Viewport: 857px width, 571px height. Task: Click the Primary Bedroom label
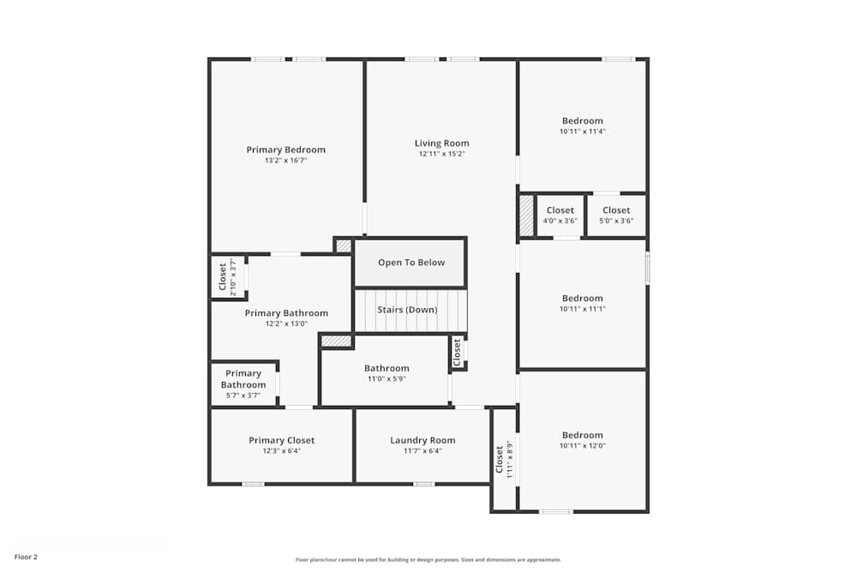pos(285,150)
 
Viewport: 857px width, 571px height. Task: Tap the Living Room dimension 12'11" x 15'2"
pos(442,154)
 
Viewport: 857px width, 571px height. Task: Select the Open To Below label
pos(411,263)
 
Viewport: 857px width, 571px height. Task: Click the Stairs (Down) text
pos(407,310)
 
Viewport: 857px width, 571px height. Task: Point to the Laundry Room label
pos(423,440)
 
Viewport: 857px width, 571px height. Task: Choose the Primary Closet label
pos(282,440)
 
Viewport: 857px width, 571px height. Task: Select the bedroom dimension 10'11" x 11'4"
pos(582,132)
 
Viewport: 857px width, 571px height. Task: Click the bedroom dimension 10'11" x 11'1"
pos(582,309)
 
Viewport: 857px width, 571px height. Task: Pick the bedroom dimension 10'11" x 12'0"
pos(582,445)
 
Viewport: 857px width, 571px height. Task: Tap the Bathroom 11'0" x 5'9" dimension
pos(387,379)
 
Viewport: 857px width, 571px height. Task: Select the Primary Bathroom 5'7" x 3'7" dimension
pos(243,396)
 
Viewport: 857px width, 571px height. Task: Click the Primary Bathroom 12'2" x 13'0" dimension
pos(286,324)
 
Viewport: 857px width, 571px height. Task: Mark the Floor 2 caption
pos(26,556)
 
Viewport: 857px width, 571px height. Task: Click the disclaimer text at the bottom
pos(428,560)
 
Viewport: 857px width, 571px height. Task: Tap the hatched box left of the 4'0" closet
pos(526,216)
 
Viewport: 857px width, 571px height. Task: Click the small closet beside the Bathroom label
pos(458,351)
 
